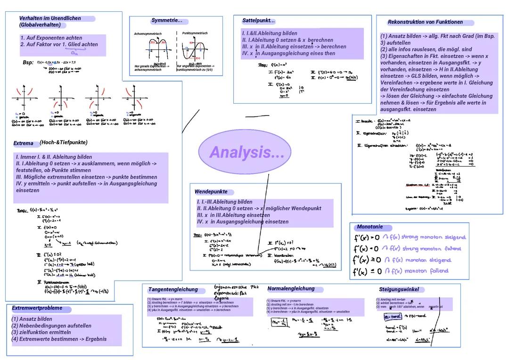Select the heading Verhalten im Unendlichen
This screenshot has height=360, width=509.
coord(50,18)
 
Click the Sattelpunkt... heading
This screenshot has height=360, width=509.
coord(258,21)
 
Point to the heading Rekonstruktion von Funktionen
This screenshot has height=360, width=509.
coord(425,22)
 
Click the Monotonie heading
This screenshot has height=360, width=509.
coord(370,227)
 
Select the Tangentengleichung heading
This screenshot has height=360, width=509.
coord(173,289)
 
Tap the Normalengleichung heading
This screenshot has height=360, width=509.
coord(291,289)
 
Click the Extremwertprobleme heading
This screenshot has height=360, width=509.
coord(37,308)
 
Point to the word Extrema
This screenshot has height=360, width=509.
coord(24,143)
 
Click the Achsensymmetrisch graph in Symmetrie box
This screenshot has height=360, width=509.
coord(156,49)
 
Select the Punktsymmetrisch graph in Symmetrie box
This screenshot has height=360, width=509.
coord(195,49)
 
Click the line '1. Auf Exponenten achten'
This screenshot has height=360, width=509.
coord(51,38)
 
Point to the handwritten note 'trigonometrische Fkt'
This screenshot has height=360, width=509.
coord(236,286)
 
